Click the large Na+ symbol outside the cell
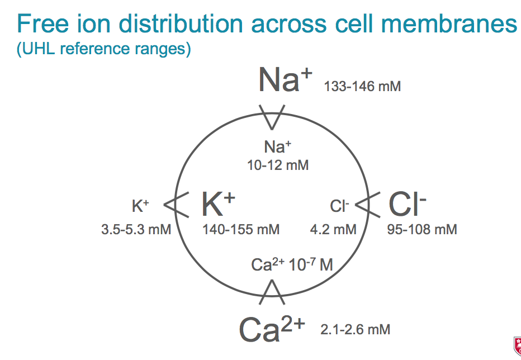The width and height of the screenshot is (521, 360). pos(285,80)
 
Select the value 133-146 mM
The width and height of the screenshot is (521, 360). pos(362,87)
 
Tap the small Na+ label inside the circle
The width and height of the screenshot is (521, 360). pos(278,147)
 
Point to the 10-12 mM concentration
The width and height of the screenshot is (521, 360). pos(278,165)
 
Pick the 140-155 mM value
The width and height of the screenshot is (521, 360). pos(241,229)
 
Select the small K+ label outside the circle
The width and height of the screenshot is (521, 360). pos(140,206)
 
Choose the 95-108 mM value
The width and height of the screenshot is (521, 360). pos(422,229)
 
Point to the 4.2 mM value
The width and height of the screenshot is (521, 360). pos(333,229)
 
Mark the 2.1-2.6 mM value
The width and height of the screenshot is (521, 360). pos(355,329)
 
